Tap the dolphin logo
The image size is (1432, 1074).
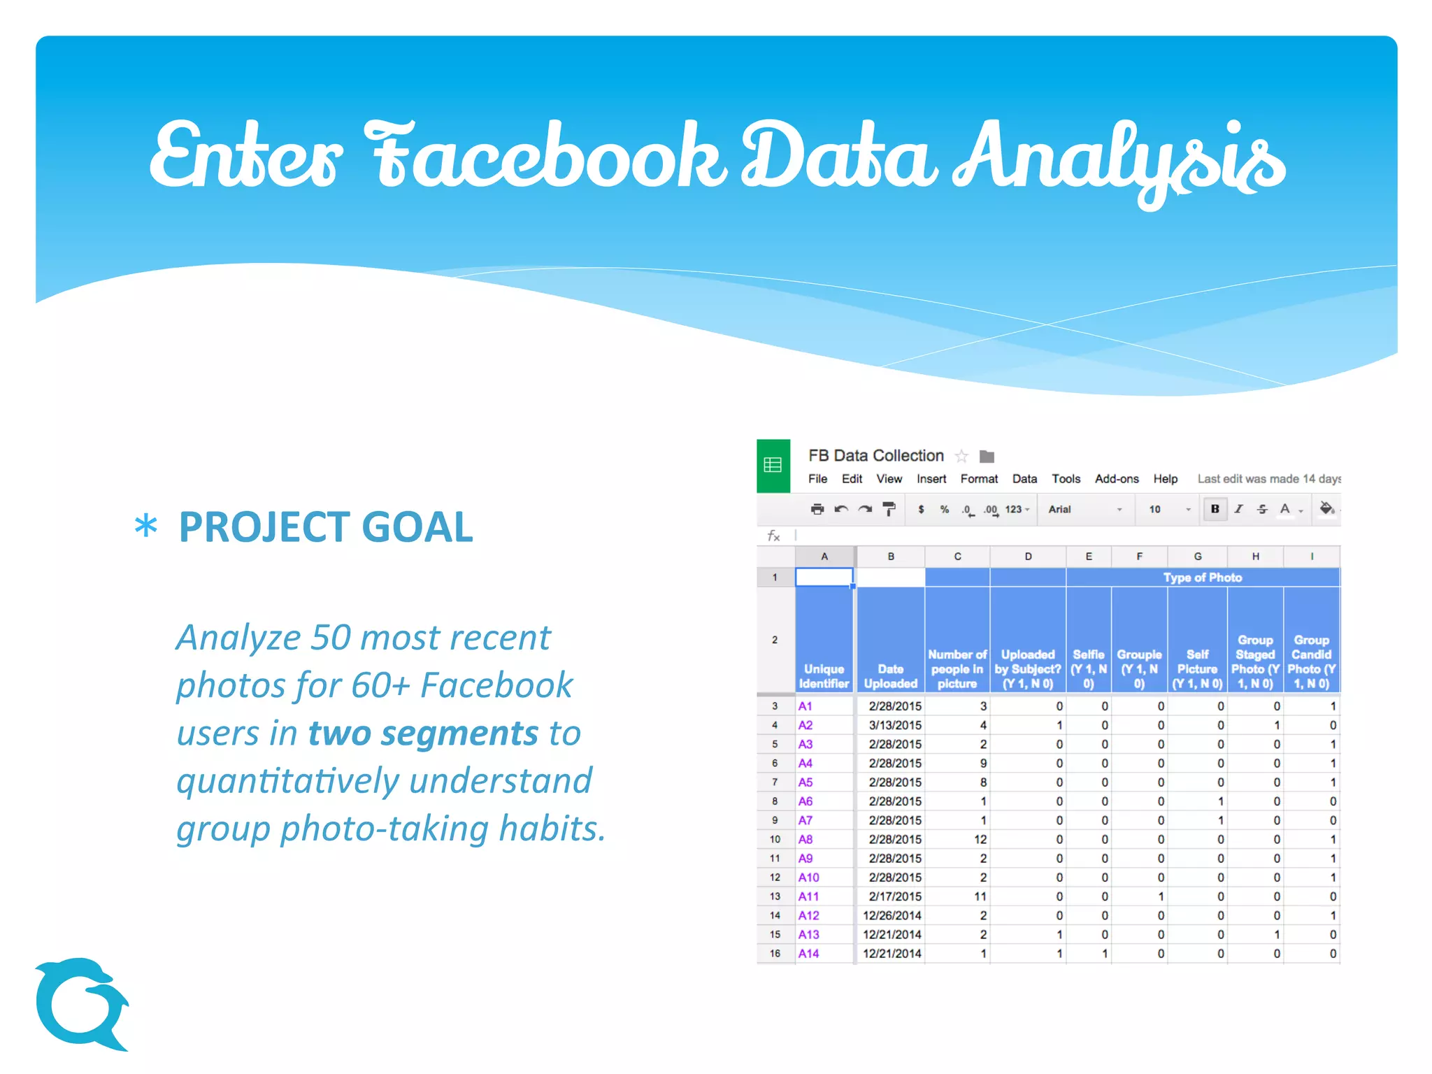pos(81,1004)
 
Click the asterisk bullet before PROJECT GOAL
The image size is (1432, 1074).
pos(145,527)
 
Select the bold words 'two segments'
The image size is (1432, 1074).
pos(423,733)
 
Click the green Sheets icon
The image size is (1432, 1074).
pos(773,465)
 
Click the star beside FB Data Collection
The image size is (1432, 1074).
pos(961,457)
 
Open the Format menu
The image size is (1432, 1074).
pos(978,479)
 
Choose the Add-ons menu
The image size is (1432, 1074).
pos(1116,479)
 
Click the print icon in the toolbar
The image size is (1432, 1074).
pos(817,509)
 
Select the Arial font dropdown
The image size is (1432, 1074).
pos(1084,509)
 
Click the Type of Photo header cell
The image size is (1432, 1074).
pos(1202,578)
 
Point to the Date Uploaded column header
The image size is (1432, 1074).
pos(890,676)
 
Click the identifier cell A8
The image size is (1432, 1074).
pos(805,839)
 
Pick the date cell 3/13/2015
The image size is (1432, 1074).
pos(894,725)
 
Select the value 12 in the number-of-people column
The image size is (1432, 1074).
pos(980,839)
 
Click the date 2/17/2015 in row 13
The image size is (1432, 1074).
pos(894,896)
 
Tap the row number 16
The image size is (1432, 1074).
pos(775,954)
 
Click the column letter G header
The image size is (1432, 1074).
pos(1197,557)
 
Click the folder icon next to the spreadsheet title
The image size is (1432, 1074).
pos(987,457)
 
